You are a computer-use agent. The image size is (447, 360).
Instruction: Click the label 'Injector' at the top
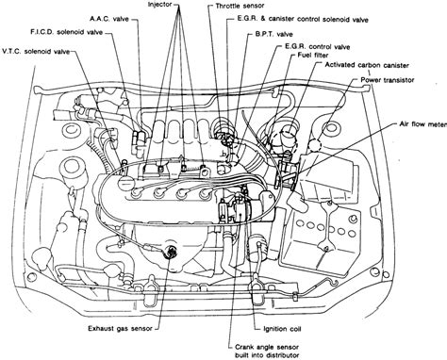pyautogui.click(x=159, y=5)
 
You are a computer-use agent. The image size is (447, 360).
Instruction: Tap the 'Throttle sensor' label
pyautogui.click(x=240, y=6)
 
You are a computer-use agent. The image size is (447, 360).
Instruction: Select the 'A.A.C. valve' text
pyautogui.click(x=109, y=19)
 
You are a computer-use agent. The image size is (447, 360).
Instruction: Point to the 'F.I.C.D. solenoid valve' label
pyautogui.click(x=66, y=32)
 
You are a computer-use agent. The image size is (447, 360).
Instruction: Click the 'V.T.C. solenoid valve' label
pyautogui.click(x=36, y=52)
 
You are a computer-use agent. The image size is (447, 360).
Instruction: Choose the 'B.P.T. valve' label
pyautogui.click(x=273, y=34)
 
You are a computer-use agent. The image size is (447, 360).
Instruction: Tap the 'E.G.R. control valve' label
pyautogui.click(x=317, y=47)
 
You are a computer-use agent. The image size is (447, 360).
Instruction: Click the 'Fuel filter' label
pyautogui.click(x=313, y=56)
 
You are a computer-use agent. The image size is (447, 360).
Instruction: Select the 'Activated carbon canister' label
pyautogui.click(x=367, y=65)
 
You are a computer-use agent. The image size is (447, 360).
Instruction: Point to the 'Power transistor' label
pyautogui.click(x=388, y=80)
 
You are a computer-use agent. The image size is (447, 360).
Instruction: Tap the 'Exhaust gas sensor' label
pyautogui.click(x=120, y=329)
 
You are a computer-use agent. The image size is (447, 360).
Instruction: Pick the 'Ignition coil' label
pyautogui.click(x=282, y=329)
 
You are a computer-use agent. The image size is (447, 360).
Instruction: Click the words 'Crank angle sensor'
pyautogui.click(x=267, y=347)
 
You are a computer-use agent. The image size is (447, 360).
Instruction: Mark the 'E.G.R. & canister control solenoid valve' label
pyautogui.click(x=303, y=20)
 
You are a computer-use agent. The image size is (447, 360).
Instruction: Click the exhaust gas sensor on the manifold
pyautogui.click(x=171, y=251)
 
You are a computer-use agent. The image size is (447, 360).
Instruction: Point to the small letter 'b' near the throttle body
pyautogui.click(x=223, y=154)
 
